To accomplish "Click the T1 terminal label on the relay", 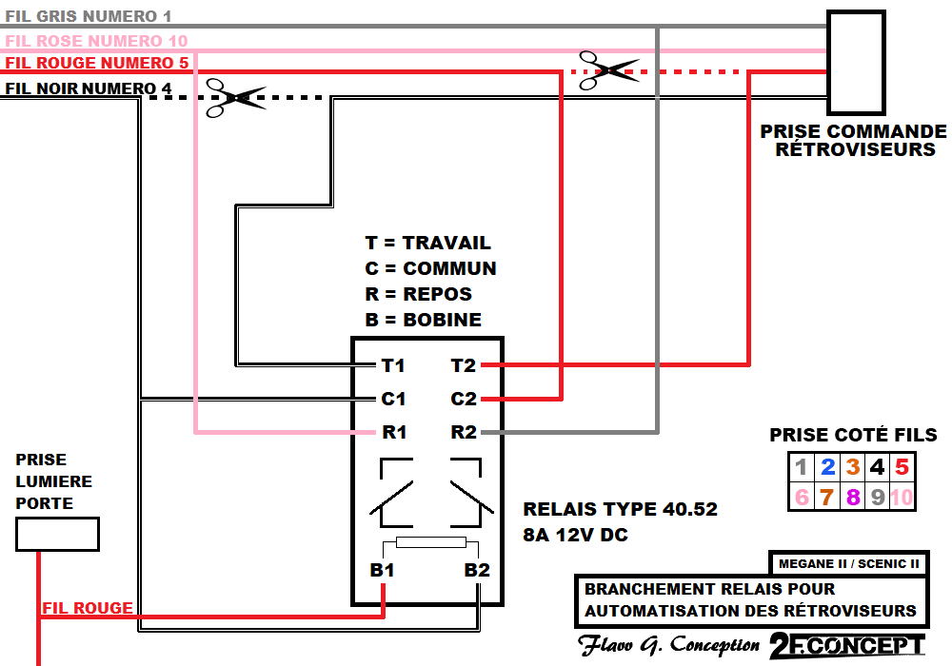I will pos(393,365).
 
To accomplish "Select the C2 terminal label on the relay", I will pos(464,400).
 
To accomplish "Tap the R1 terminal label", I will pos(394,433).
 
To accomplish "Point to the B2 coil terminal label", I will pos(477,571).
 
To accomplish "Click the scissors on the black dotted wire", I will pos(234,98).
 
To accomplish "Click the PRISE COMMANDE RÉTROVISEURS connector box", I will pos(856,63).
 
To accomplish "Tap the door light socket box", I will pos(57,534).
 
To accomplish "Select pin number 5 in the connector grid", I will pos(902,467).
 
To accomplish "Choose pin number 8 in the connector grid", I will pos(852,496).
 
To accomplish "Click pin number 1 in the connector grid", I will pos(802,467).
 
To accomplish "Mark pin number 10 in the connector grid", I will pos(902,496).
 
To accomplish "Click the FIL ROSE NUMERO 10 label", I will pos(96,41).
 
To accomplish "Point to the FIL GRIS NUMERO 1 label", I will pos(89,17).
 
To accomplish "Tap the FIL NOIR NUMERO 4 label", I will pos(89,89).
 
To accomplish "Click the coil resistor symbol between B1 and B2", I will pos(430,543).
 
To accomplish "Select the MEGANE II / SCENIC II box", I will pos(847,563).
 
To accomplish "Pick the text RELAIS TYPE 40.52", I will pos(620,510).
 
